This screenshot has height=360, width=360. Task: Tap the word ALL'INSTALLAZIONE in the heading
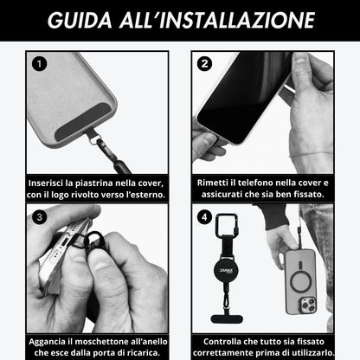point(217,20)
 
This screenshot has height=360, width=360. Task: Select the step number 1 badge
point(39,63)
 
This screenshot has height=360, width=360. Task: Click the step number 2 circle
point(204,63)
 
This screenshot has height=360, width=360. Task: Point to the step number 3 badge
point(39,216)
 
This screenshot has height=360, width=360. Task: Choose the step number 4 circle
point(204,216)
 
